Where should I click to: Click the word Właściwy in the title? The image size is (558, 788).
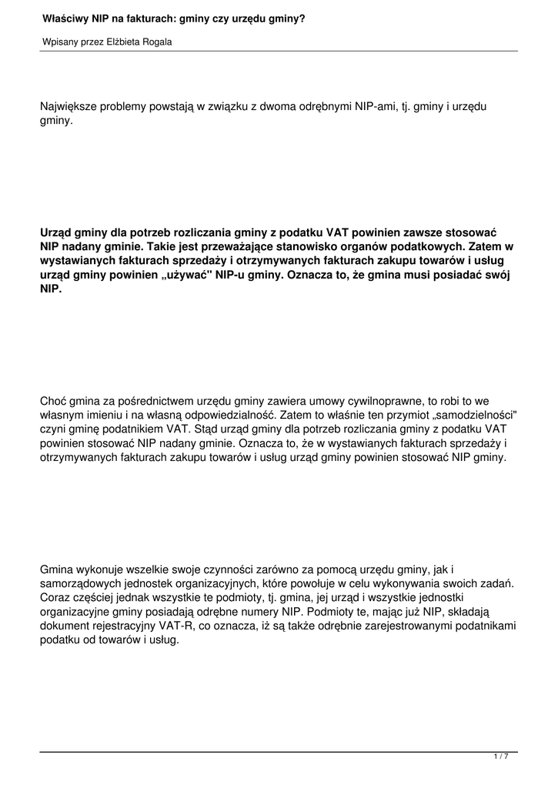tap(62, 16)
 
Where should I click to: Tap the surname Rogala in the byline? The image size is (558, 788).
tap(155, 42)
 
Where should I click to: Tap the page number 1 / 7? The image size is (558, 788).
tap(501, 757)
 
